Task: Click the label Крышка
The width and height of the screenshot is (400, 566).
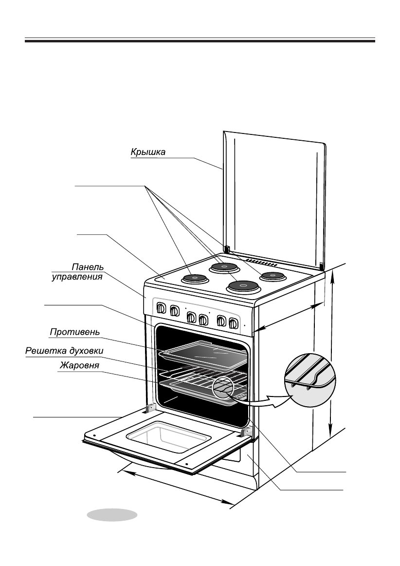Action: [x=148, y=152]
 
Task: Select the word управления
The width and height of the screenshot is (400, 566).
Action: [x=77, y=277]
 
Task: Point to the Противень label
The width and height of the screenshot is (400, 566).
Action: [x=75, y=332]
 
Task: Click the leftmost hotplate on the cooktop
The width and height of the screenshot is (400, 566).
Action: [x=193, y=278]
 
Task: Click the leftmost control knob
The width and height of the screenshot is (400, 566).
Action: [x=160, y=308]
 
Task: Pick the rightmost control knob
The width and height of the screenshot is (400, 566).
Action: [x=234, y=322]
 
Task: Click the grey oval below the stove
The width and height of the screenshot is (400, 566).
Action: [x=112, y=514]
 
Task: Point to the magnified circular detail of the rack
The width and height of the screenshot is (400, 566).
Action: [x=310, y=377]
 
